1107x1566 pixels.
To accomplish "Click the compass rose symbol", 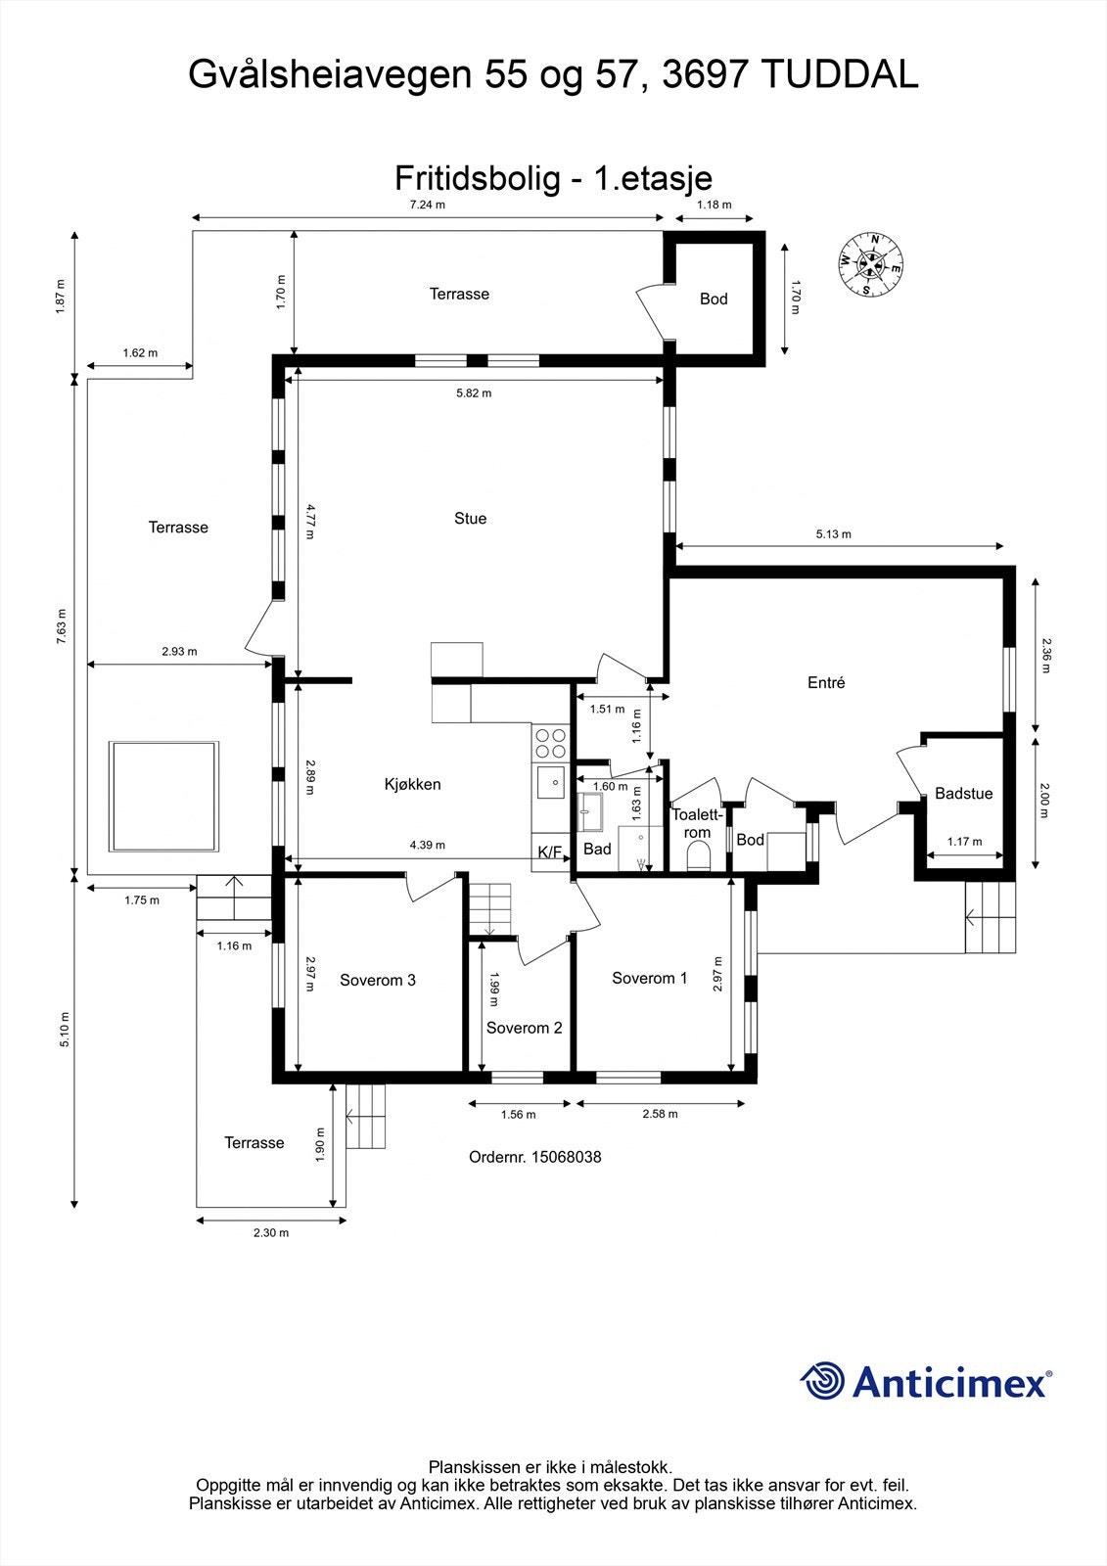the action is (x=871, y=264).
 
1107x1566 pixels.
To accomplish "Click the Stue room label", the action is (x=470, y=518).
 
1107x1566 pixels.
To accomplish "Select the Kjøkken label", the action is (x=413, y=784).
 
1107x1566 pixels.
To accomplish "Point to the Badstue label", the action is (x=964, y=794).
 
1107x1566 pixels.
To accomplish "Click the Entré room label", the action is (x=826, y=682).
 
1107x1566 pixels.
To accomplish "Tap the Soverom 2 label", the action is (x=524, y=1028).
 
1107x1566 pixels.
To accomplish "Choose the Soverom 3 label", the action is (x=378, y=980).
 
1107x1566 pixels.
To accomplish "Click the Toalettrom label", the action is (x=697, y=823).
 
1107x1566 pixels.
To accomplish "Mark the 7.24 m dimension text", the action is (x=428, y=205).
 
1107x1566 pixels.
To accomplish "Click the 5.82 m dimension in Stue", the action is (x=474, y=392).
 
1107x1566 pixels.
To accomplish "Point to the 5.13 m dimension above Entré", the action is (x=834, y=534).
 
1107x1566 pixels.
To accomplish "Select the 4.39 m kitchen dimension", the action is (x=428, y=845).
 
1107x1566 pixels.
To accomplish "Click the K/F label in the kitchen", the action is (x=550, y=852).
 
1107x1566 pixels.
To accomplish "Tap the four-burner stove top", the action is (x=550, y=743).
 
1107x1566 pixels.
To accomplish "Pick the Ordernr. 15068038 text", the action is (x=535, y=1157).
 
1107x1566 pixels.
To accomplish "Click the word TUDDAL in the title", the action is (x=839, y=74).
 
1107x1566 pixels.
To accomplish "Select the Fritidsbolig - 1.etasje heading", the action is (x=553, y=178).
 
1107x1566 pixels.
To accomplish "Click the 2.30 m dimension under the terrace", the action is (x=271, y=1232).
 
